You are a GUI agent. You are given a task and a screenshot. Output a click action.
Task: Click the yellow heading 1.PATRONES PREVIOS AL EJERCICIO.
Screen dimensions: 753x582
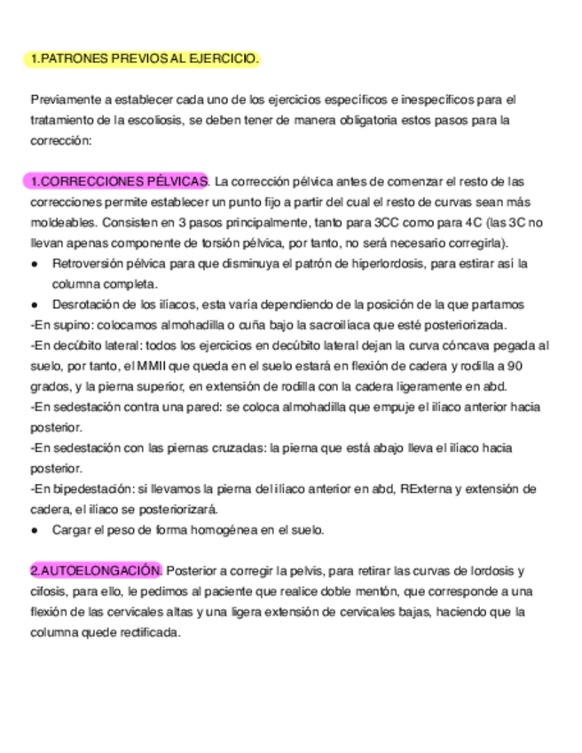tap(145, 59)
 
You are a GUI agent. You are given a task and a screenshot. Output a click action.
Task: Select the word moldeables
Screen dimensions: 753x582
tap(66, 222)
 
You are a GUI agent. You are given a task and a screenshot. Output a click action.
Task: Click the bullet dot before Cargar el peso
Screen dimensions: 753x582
tap(35, 529)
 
